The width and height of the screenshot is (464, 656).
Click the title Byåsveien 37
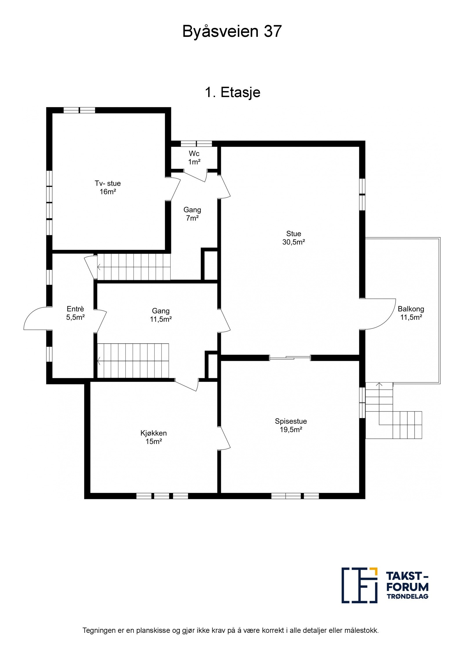coord(232,31)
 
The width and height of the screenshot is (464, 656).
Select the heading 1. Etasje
coord(232,92)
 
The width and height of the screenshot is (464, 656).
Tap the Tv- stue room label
coord(108,187)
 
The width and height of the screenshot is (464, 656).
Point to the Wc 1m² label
coord(194,158)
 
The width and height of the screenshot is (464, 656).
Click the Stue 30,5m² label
coord(293,238)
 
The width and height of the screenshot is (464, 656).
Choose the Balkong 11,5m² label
coord(411,313)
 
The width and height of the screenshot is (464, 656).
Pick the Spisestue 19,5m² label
coord(291,425)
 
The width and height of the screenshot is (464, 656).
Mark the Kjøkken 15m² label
coord(153,437)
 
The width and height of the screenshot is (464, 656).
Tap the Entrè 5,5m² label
coord(75,313)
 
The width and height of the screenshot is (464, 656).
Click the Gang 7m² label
coord(192,214)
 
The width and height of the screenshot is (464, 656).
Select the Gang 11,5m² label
coord(161,315)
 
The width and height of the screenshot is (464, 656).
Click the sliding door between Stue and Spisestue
coord(290,358)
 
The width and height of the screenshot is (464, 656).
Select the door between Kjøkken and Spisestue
coord(224,438)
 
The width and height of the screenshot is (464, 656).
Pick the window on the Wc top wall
coord(196,143)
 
